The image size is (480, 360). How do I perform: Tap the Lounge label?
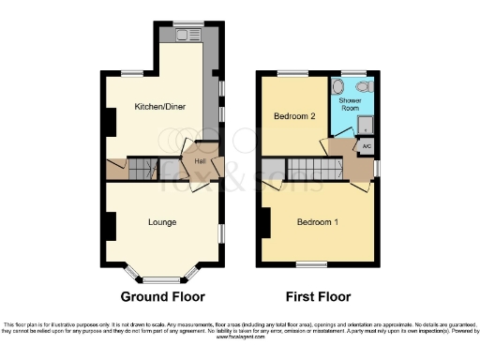(163, 222)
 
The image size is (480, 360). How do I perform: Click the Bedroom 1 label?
(319, 222)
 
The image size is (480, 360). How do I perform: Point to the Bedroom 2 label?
(293, 116)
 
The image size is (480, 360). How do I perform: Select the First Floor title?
(319, 296)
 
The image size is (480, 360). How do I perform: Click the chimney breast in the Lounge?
(110, 226)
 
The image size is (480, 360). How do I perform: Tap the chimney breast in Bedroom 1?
(265, 222)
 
